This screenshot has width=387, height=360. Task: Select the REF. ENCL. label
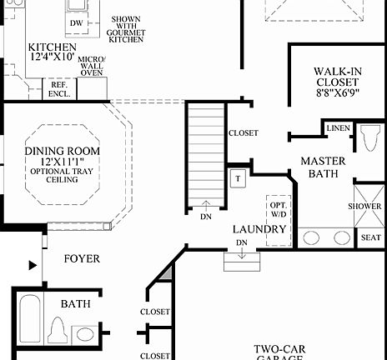pos(58,88)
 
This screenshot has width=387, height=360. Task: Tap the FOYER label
pos(82,259)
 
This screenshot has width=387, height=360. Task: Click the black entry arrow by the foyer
pos(33,266)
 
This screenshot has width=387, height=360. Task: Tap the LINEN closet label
pos(338,128)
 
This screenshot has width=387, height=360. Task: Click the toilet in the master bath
pos(370,138)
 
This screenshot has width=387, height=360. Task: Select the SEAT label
pos(369,237)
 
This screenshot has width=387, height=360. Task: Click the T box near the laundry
pos(237,177)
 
